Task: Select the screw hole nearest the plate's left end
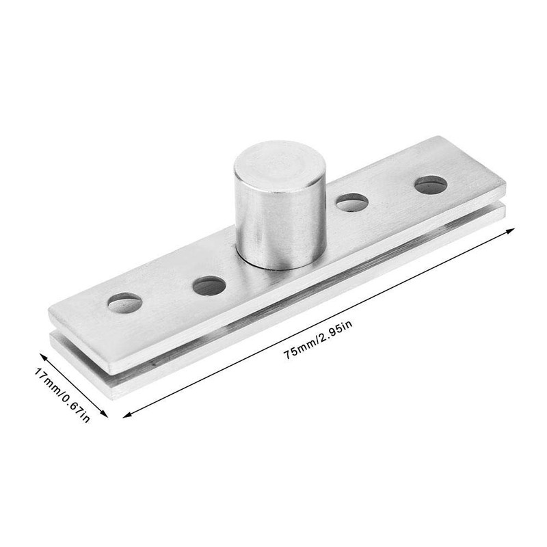tap(124, 302)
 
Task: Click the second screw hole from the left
tap(209, 285)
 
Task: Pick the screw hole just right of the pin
tap(351, 202)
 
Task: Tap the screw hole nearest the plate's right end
tap(431, 184)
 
